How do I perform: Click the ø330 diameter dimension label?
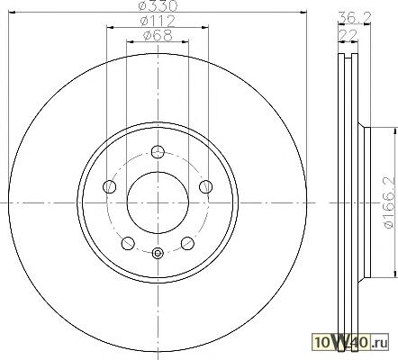[158, 5]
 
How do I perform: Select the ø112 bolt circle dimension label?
[158, 21]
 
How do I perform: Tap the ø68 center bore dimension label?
[158, 36]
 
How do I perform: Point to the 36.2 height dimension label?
[355, 17]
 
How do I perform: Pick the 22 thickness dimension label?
[348, 35]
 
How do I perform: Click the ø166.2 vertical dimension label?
[388, 202]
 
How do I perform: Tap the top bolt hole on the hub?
[158, 151]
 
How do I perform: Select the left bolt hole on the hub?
[110, 187]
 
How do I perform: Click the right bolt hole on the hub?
[206, 187]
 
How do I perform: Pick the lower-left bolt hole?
[128, 243]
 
